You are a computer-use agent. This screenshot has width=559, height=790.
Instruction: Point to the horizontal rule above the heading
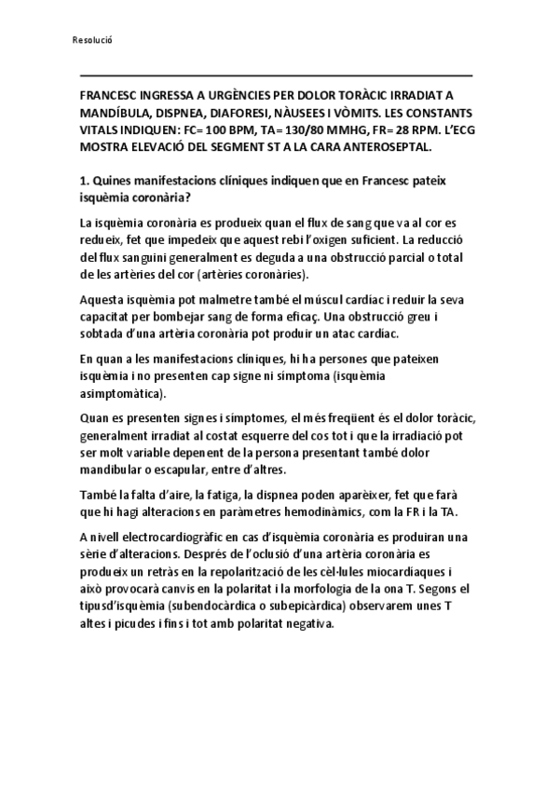point(276,75)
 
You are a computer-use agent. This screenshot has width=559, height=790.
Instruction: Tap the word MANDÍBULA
point(116,113)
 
